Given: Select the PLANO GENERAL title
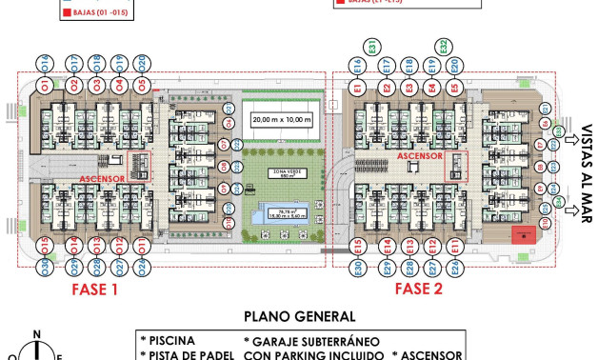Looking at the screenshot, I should point(299,316).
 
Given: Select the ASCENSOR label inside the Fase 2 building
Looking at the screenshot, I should point(420,155).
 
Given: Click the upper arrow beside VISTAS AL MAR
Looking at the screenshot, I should point(570,140).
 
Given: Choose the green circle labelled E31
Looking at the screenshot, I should point(373,47).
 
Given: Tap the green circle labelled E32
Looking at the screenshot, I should point(446,47).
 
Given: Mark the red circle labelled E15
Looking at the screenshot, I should point(357,247).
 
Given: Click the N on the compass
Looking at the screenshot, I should point(36,334).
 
